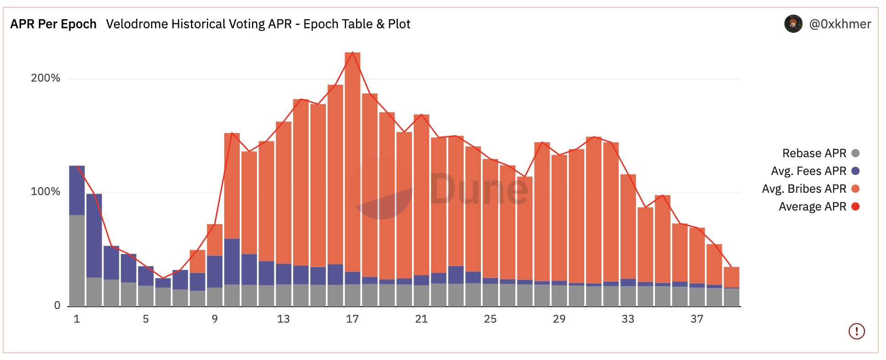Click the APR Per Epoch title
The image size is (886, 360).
[53, 24]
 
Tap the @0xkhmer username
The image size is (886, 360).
[840, 24]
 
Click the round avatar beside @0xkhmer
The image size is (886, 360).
[793, 24]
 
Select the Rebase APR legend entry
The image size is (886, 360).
[814, 153]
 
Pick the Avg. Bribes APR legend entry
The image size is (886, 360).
[804, 189]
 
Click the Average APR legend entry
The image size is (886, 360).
[813, 206]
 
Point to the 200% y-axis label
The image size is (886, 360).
[45, 78]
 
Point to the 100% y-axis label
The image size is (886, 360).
[45, 191]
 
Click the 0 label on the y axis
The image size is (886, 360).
[57, 305]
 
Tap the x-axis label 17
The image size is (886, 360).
[352, 319]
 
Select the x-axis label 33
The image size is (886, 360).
[628, 319]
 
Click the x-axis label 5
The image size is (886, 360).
[146, 319]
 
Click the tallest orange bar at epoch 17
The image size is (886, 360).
[352, 159]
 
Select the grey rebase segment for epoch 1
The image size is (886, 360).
[77, 260]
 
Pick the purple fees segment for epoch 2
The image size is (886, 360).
[94, 235]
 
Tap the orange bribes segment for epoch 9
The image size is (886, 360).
[215, 240]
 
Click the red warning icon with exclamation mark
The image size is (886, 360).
[856, 331]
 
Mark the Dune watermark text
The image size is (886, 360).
[479, 189]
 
